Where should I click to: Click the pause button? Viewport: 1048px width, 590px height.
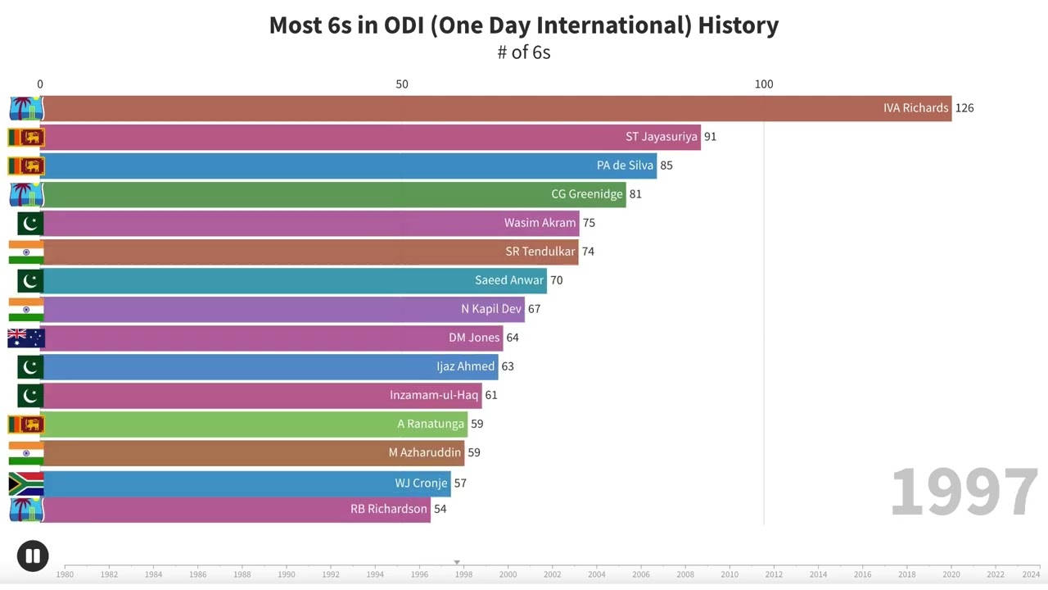[33, 556]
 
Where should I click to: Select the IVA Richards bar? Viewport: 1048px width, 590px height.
[491, 108]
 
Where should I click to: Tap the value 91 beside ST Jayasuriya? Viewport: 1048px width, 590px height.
[710, 137]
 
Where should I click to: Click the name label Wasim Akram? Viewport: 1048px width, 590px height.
[540, 223]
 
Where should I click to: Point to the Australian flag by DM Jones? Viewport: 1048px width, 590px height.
[26, 338]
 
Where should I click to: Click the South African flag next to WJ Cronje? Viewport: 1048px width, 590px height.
[26, 483]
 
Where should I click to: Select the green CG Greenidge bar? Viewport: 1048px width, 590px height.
[327, 194]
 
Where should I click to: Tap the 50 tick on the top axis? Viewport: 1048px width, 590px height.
[402, 84]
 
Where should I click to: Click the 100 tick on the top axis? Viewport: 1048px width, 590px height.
[763, 84]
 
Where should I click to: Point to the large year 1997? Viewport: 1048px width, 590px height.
[964, 492]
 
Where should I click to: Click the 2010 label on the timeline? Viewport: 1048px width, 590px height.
[730, 574]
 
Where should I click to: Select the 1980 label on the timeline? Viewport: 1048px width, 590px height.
[65, 574]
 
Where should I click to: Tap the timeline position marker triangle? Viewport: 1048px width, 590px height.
[457, 562]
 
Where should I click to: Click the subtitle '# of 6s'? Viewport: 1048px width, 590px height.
[524, 52]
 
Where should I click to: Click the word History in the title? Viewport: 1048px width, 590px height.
[738, 25]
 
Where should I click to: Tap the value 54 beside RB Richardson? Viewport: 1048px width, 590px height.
[440, 509]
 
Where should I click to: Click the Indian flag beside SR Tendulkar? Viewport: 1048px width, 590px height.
[26, 252]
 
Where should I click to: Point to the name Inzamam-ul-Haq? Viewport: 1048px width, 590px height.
[434, 395]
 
